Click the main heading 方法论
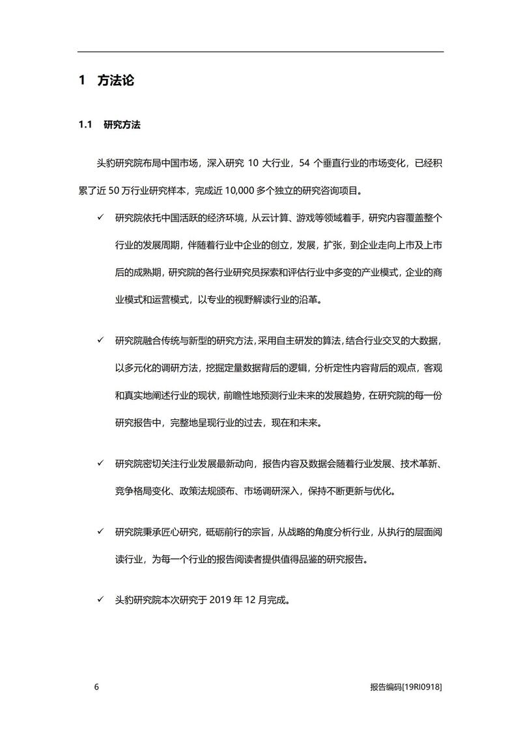[x=115, y=81]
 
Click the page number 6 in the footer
[x=96, y=687]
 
